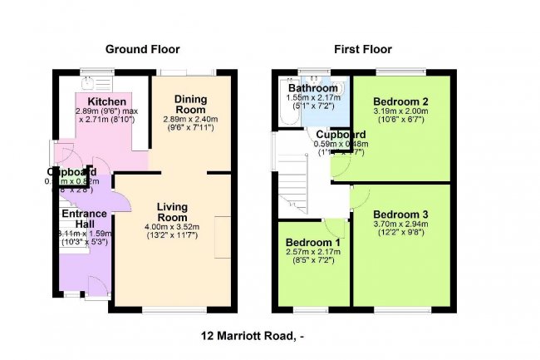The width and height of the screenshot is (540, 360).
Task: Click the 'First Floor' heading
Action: (x=362, y=50)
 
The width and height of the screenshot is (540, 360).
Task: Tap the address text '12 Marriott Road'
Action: (x=248, y=337)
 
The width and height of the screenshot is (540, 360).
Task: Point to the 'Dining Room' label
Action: (x=190, y=105)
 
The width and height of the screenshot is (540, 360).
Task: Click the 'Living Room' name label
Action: (x=173, y=212)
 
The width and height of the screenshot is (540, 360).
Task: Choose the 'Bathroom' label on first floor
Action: (x=312, y=88)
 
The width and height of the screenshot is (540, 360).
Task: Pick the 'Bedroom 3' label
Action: (x=401, y=213)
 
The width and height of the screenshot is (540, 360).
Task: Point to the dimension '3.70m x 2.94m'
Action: (x=401, y=224)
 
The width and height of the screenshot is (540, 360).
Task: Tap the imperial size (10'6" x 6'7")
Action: (x=401, y=120)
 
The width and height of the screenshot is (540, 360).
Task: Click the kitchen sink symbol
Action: (x=87, y=82)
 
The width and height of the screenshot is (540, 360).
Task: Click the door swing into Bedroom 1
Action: (x=336, y=228)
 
